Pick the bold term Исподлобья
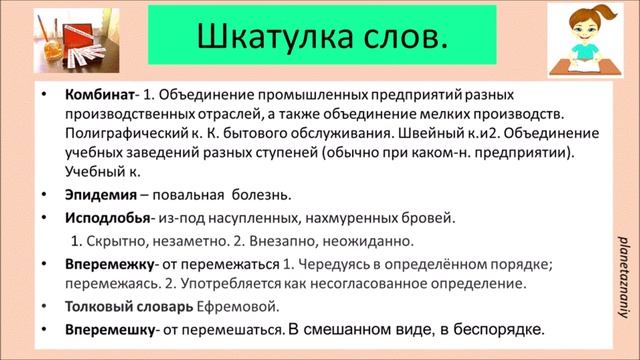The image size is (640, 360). [107, 218]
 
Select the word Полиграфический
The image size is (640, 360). [127, 137]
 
